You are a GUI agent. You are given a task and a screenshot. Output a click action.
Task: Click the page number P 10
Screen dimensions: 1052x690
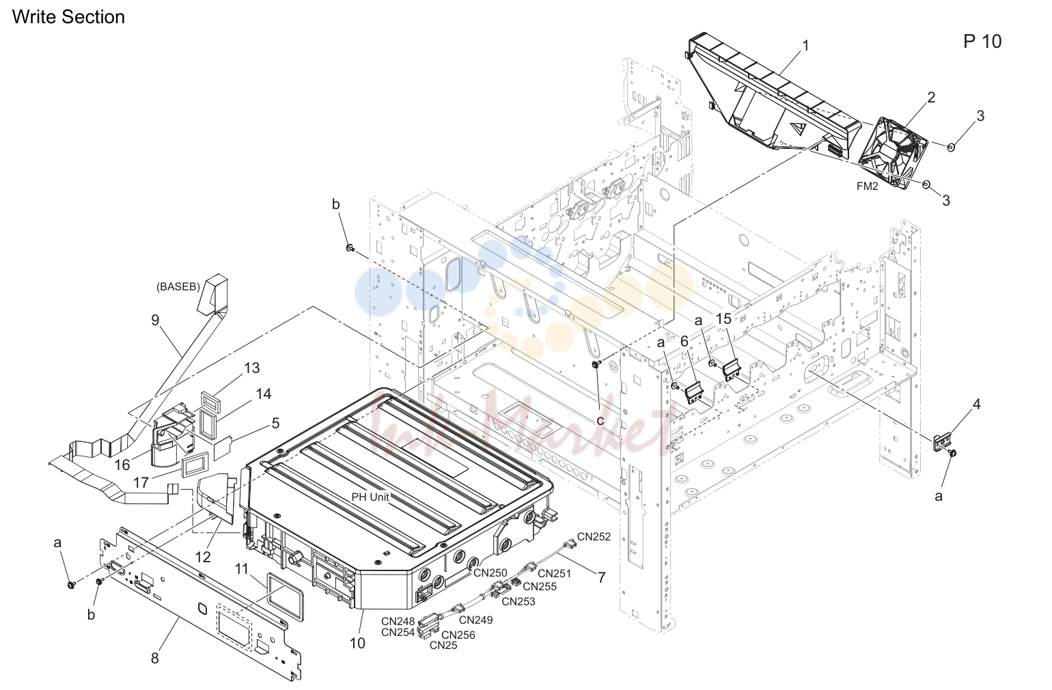coord(982,42)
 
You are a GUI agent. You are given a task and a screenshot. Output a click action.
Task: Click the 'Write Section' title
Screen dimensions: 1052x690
coord(68,17)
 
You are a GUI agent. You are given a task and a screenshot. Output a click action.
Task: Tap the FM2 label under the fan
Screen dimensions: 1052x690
coord(867,187)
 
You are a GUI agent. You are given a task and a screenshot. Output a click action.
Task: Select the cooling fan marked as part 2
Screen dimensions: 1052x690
coord(893,154)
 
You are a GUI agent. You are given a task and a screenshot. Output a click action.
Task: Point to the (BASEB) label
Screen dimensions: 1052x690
coord(178,286)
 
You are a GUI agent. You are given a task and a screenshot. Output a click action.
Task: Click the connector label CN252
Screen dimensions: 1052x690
coord(594,536)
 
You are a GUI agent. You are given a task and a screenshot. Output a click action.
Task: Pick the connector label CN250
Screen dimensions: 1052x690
coord(490,572)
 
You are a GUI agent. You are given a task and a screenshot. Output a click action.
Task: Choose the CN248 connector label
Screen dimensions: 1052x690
coord(398,622)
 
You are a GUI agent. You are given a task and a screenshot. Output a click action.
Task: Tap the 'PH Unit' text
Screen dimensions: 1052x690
coord(370,497)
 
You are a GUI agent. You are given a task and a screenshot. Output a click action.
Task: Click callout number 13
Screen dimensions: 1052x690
coord(251,368)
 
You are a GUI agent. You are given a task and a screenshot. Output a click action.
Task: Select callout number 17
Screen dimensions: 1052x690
coord(141,482)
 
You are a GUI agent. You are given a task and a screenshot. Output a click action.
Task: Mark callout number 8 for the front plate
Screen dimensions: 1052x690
coord(155,659)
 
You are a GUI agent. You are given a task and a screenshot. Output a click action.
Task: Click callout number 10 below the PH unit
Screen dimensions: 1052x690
coord(357,643)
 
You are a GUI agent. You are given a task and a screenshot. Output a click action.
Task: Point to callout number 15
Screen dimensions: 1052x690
coord(723,319)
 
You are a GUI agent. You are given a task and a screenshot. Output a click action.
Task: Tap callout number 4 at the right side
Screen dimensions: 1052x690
coord(976,404)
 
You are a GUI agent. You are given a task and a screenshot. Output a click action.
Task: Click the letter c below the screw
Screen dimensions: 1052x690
coord(600,420)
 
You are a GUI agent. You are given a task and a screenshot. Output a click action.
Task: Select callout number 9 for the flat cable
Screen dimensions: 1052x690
coord(155,320)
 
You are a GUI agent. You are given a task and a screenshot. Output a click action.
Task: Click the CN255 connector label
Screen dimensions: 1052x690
coord(540,586)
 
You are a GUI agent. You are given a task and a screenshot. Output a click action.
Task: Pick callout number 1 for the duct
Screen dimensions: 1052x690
coord(806,46)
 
